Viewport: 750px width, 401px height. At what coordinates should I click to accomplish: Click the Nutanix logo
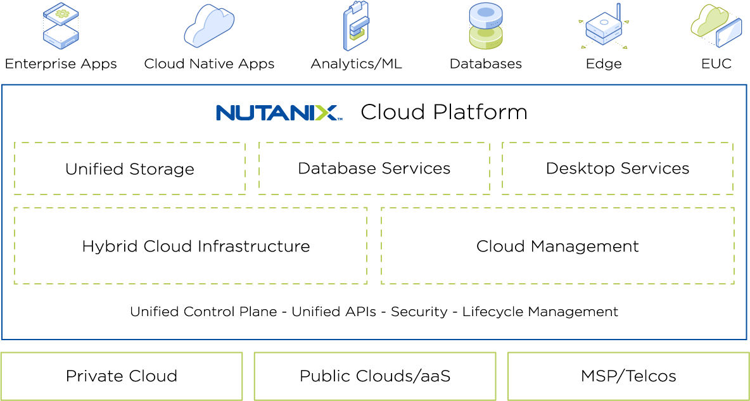279,113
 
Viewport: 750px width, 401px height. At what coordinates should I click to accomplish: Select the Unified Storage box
129,169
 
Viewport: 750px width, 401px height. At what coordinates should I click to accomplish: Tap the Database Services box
374,168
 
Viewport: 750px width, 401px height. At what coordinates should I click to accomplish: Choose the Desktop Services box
617,168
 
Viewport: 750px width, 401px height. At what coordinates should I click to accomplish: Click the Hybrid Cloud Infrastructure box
190,246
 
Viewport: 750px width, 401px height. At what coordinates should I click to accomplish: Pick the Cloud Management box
557,246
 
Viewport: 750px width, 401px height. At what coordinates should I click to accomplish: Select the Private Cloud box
122,376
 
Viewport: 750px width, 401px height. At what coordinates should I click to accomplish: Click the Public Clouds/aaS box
375,376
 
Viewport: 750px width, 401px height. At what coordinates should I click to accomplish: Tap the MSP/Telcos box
628,376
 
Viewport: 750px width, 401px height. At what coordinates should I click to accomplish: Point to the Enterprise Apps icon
61,26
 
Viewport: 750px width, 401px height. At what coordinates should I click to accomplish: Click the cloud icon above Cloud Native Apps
209,25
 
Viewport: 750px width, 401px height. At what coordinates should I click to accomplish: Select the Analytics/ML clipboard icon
357,26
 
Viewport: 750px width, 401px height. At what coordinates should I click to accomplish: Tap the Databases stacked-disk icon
486,26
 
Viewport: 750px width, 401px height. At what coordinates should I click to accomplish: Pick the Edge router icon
604,27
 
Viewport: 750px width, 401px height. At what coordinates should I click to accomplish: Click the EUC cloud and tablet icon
716,25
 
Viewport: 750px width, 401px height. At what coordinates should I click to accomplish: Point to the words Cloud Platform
443,112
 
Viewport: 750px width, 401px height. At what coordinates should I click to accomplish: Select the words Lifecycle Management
540,312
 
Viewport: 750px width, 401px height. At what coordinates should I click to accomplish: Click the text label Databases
486,64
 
